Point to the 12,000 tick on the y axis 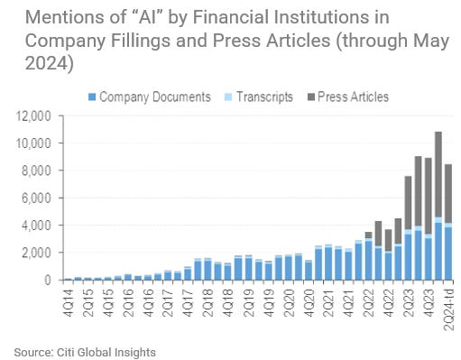(33, 115)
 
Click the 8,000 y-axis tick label (36, 171)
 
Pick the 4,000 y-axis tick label (36, 225)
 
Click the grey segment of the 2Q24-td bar (447, 193)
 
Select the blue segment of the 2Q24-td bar (447, 254)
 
